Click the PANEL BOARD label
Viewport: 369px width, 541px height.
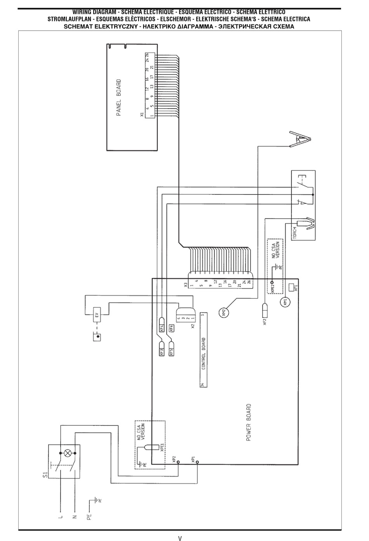coord(118,98)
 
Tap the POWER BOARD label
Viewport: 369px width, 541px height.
coord(249,423)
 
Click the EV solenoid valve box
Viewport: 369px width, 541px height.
coord(97,316)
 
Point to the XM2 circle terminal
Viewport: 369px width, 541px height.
coord(224,312)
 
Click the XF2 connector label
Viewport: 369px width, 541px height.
coord(265,321)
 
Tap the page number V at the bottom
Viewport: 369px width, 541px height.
coord(180,538)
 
